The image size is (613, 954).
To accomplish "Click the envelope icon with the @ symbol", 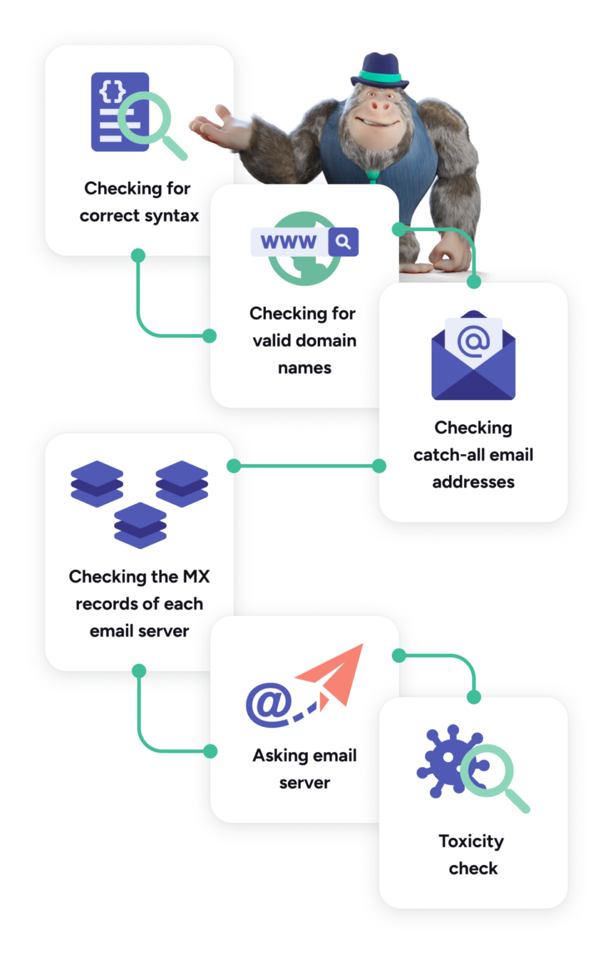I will point(473,355).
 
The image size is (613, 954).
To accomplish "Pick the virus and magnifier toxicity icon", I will point(472,767).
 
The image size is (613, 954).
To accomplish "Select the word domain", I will point(327,340).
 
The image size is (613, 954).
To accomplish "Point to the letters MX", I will point(196,576).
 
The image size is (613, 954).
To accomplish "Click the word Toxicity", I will point(471,841).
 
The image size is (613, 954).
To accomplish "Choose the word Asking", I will point(279,755).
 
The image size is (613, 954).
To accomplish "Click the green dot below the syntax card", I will point(138,255).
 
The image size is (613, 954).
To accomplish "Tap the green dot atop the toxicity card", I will point(474,697).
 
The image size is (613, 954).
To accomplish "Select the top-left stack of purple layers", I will point(97,483).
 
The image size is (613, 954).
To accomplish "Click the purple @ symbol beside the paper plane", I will point(268,704).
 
